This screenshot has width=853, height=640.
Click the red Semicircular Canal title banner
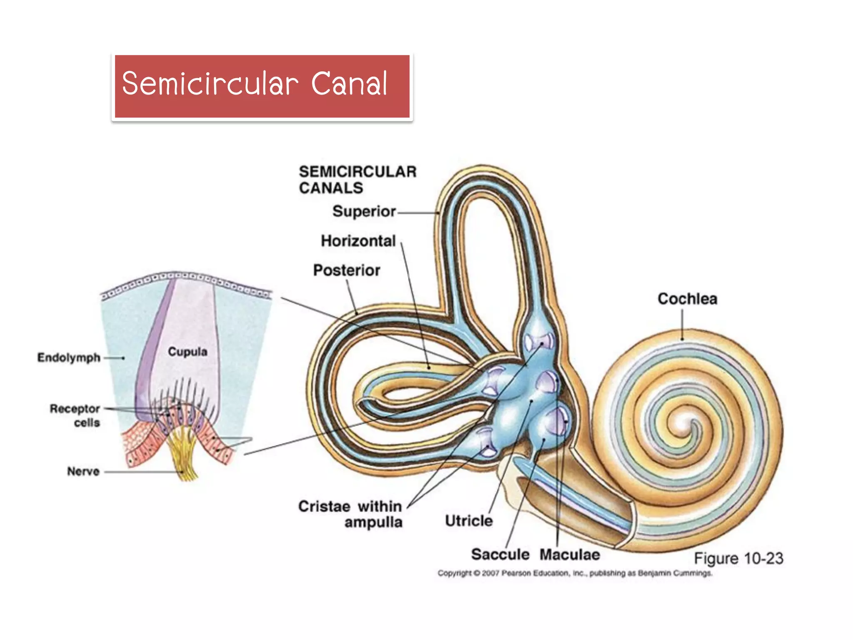(262, 86)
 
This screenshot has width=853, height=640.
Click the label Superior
(364, 212)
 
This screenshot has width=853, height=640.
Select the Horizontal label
(358, 241)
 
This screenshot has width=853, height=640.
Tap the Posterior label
(346, 270)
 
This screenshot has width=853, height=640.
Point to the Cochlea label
(687, 299)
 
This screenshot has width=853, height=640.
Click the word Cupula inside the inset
(187, 352)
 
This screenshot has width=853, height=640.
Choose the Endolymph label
(69, 357)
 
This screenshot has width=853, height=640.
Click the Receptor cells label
(75, 415)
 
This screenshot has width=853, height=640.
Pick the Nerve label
(83, 471)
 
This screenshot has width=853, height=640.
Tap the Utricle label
(469, 521)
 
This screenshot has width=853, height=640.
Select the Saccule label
(500, 555)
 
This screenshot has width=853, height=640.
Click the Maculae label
(570, 555)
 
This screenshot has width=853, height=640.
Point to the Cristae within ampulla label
(351, 514)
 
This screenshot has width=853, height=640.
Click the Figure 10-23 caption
(738, 558)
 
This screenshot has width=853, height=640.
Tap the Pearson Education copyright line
(575, 573)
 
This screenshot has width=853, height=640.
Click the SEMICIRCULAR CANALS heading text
(357, 180)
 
